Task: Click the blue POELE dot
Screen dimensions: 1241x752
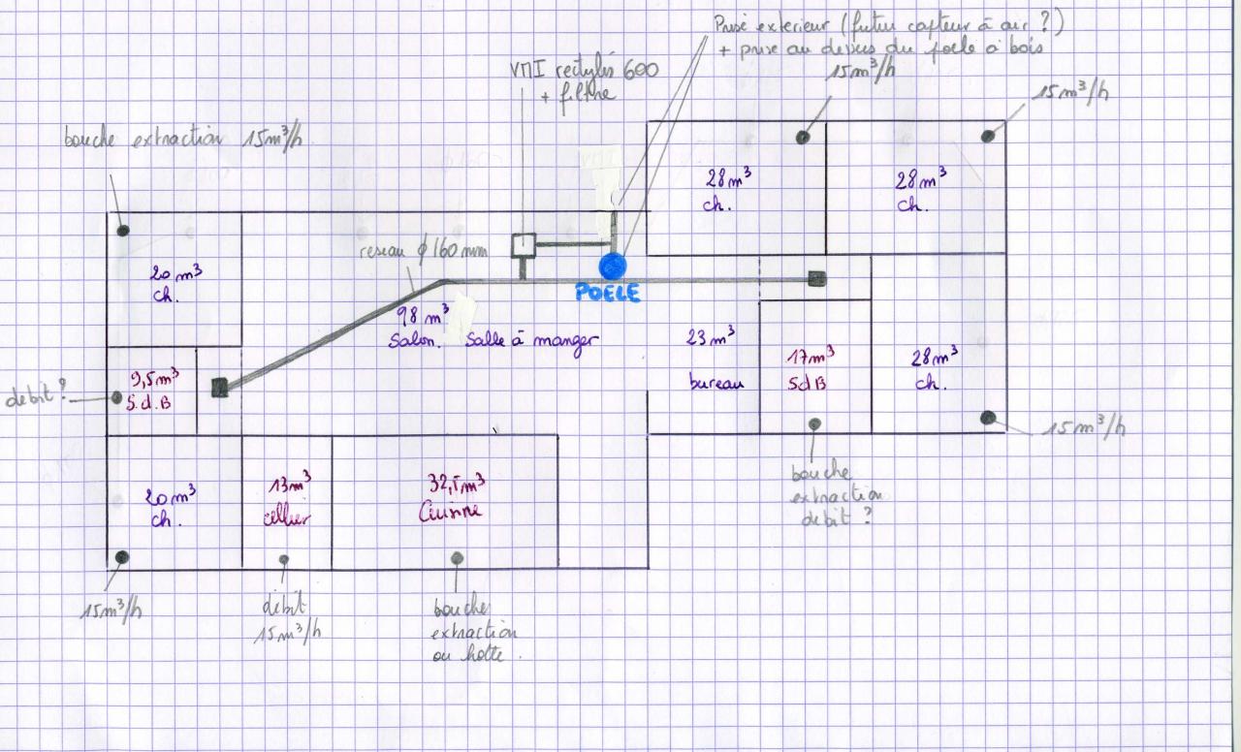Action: click(x=613, y=265)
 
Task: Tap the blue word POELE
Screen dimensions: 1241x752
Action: click(x=608, y=293)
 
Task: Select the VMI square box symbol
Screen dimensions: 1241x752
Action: click(x=524, y=244)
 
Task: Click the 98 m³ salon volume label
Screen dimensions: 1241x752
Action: click(x=424, y=316)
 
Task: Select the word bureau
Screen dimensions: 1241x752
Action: click(x=716, y=382)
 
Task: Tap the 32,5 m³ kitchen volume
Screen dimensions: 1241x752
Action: click(x=457, y=484)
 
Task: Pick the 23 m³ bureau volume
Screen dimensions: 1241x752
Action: click(x=712, y=338)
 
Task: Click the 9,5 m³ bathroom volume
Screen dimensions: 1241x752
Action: click(x=155, y=378)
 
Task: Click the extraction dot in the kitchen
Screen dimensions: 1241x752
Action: click(x=456, y=557)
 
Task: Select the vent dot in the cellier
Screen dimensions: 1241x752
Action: click(x=284, y=559)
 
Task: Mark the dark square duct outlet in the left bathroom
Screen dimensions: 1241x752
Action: click(x=220, y=389)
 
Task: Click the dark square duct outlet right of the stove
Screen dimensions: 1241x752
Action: click(x=817, y=280)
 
